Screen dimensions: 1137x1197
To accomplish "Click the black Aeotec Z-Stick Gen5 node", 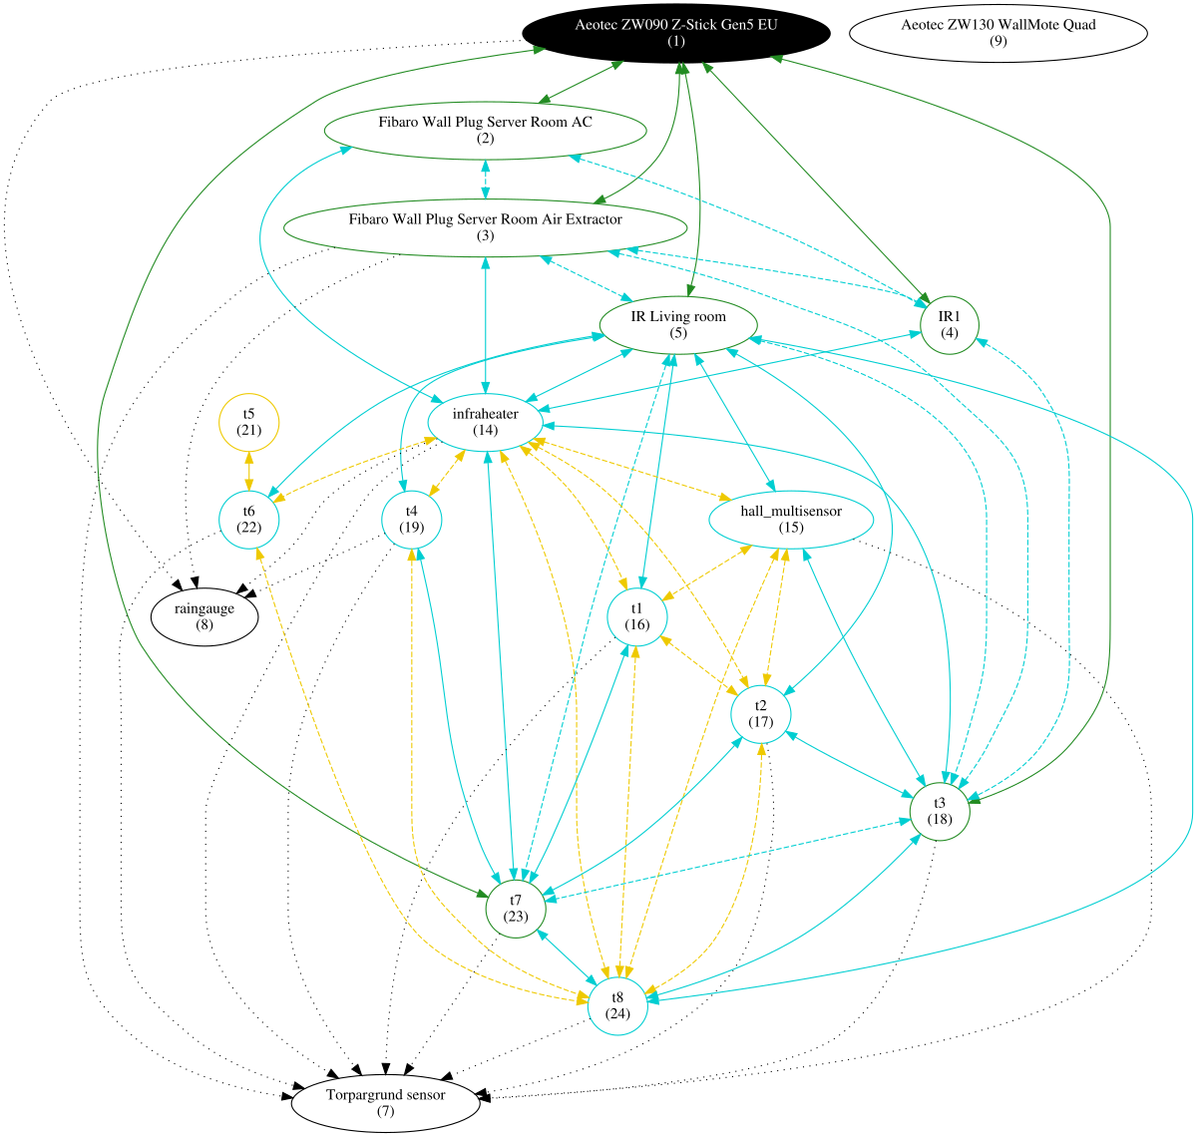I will click(x=675, y=33).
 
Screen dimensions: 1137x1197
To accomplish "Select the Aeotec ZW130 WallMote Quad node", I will click(x=997, y=33).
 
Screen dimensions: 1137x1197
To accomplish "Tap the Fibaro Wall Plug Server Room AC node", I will click(x=485, y=130).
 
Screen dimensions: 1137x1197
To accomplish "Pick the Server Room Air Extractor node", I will click(x=485, y=227).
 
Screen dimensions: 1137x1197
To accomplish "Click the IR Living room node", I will click(x=678, y=324).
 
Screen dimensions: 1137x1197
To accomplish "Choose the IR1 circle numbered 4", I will click(x=949, y=324).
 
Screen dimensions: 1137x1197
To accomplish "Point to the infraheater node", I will click(x=485, y=421).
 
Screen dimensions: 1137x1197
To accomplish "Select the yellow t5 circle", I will click(x=248, y=421).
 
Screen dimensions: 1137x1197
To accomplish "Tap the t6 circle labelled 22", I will click(x=248, y=519).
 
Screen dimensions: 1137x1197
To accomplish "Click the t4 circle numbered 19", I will click(x=412, y=519).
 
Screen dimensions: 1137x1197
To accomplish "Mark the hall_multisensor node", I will click(x=791, y=519).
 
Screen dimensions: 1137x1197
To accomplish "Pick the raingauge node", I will click(x=204, y=616).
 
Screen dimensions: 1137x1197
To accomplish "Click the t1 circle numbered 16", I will click(x=636, y=616).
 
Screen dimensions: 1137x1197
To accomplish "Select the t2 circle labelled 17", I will click(x=761, y=713).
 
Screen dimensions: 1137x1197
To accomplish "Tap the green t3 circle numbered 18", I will click(x=939, y=811).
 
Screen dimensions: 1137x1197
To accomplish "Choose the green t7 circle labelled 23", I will click(x=516, y=908).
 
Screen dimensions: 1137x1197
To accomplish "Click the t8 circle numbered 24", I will click(x=617, y=1005).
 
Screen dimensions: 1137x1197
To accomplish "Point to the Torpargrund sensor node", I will click(x=385, y=1102).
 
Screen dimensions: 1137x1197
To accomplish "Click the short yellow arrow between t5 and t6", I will click(x=248, y=470).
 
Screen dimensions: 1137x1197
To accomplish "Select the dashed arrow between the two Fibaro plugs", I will click(x=485, y=179).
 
